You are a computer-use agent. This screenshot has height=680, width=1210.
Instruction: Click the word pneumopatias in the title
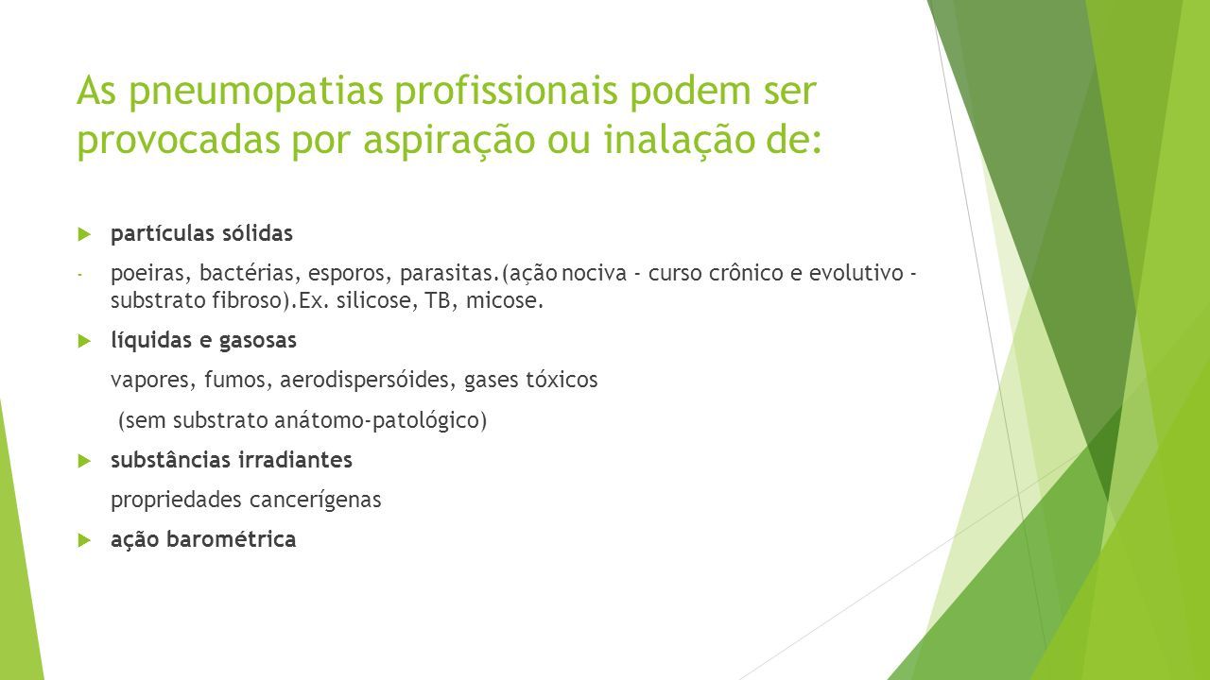point(256,92)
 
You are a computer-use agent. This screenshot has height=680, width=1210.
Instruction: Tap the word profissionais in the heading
point(506,90)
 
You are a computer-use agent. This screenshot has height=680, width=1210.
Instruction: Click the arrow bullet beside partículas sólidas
point(84,234)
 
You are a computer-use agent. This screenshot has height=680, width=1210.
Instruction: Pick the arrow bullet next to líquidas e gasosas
point(84,341)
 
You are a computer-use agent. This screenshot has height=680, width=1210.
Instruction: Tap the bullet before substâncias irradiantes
point(84,461)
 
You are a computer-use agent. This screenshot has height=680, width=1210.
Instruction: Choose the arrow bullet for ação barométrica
point(84,539)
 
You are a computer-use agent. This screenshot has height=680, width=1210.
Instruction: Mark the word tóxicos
point(562,380)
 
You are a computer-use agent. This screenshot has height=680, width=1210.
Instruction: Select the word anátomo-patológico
point(380,420)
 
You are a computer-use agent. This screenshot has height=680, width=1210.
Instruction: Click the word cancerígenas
point(315,501)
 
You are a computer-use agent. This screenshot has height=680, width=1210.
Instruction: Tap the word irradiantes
point(295,460)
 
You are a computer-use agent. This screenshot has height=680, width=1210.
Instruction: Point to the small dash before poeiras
point(79,275)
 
